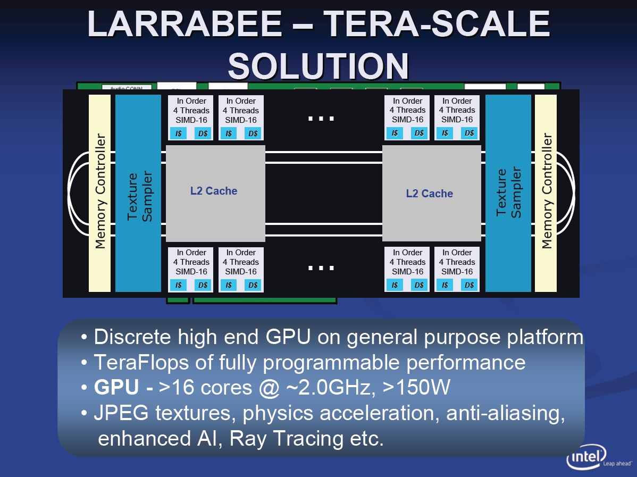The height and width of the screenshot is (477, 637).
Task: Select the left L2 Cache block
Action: click(x=215, y=194)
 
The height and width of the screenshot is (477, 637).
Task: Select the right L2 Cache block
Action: click(x=431, y=194)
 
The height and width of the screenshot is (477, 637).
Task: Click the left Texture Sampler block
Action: click(x=138, y=194)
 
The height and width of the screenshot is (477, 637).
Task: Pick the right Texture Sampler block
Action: click(x=508, y=194)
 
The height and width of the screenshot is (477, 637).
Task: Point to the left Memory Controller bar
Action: click(x=99, y=194)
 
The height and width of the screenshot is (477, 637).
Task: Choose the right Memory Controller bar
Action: click(x=546, y=194)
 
